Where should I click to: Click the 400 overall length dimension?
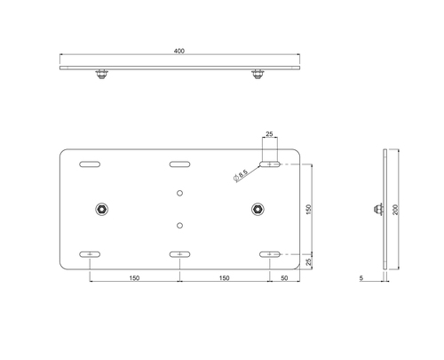pos(179,51)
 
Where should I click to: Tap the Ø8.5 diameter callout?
pos(241,175)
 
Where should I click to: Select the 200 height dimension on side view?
pos(396,210)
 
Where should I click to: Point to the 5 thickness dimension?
pos(361,278)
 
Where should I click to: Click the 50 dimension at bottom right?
pos(284,278)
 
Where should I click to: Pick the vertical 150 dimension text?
pos(309,210)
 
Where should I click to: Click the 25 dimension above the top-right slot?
pos(269,134)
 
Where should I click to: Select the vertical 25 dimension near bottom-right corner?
pos(309,261)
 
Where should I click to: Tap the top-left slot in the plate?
pos(90,164)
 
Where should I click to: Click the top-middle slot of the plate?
pos(179,164)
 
